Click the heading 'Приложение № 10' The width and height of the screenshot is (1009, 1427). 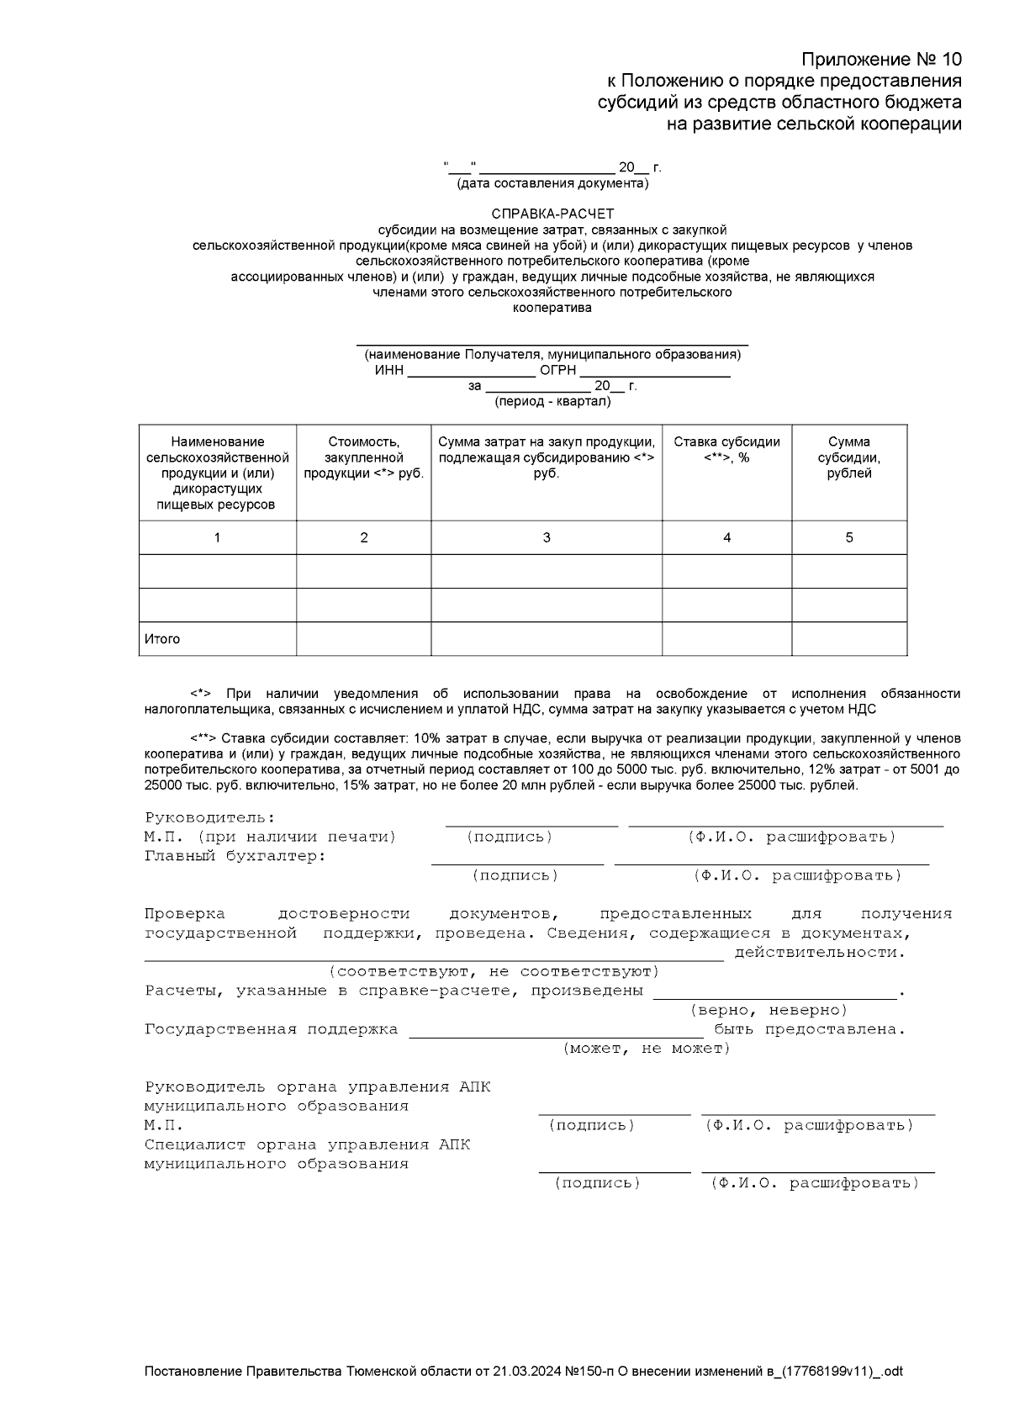tap(880, 59)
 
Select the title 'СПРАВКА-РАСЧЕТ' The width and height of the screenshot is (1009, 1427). tap(552, 214)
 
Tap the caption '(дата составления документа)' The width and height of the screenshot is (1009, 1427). tap(552, 182)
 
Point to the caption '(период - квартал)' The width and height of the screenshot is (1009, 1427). tap(552, 401)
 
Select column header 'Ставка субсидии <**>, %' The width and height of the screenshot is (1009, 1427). tap(726, 450)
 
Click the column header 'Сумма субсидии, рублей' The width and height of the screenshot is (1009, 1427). tap(848, 457)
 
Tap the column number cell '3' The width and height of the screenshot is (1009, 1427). tap(547, 537)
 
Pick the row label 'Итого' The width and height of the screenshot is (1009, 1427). tap(162, 639)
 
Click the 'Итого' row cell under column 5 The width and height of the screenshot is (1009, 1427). tap(848, 639)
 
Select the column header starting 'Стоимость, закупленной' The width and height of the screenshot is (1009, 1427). tap(363, 457)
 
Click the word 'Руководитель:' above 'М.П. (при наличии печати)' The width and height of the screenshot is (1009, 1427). tap(210, 817)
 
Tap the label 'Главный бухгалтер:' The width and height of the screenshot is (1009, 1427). tap(235, 856)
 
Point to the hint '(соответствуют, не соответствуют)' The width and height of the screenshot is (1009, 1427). tap(494, 971)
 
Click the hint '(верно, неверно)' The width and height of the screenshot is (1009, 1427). tap(769, 1010)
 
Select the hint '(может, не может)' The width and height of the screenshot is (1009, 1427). tap(646, 1049)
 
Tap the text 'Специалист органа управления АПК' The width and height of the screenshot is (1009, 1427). tap(307, 1144)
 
